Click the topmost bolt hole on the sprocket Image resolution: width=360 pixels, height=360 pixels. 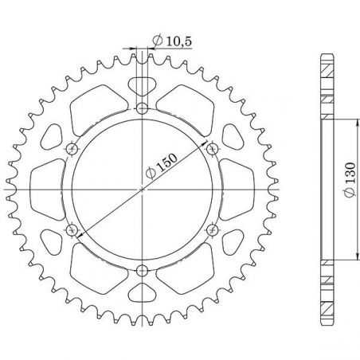(x=142, y=108)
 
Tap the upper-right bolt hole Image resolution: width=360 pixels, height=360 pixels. (x=211, y=148)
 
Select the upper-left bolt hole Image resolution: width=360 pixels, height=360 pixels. (x=72, y=148)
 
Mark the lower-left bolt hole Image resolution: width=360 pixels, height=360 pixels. (x=72, y=229)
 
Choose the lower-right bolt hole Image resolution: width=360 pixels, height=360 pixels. (x=211, y=229)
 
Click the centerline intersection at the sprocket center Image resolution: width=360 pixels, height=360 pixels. (x=142, y=189)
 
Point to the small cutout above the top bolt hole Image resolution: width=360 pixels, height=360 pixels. (x=142, y=86)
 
